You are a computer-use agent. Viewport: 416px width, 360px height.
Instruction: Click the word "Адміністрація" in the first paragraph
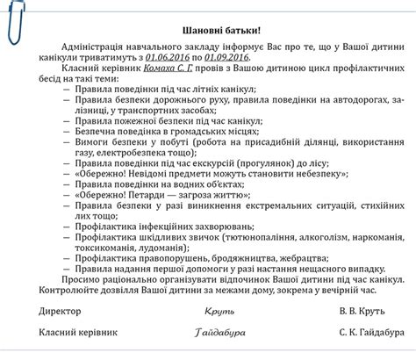99,45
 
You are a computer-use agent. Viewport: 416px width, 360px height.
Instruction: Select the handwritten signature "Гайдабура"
220,334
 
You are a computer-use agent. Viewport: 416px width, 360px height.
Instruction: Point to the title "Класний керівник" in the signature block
78,334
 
